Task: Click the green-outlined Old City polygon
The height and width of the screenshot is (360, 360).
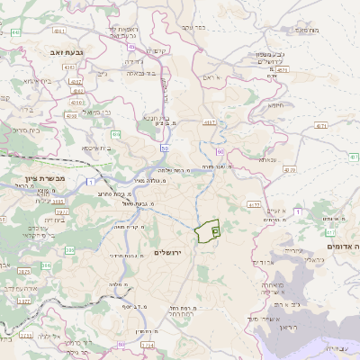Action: point(208,231)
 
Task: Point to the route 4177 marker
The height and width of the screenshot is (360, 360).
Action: point(255,203)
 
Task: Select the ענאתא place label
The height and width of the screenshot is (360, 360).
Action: point(267,160)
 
